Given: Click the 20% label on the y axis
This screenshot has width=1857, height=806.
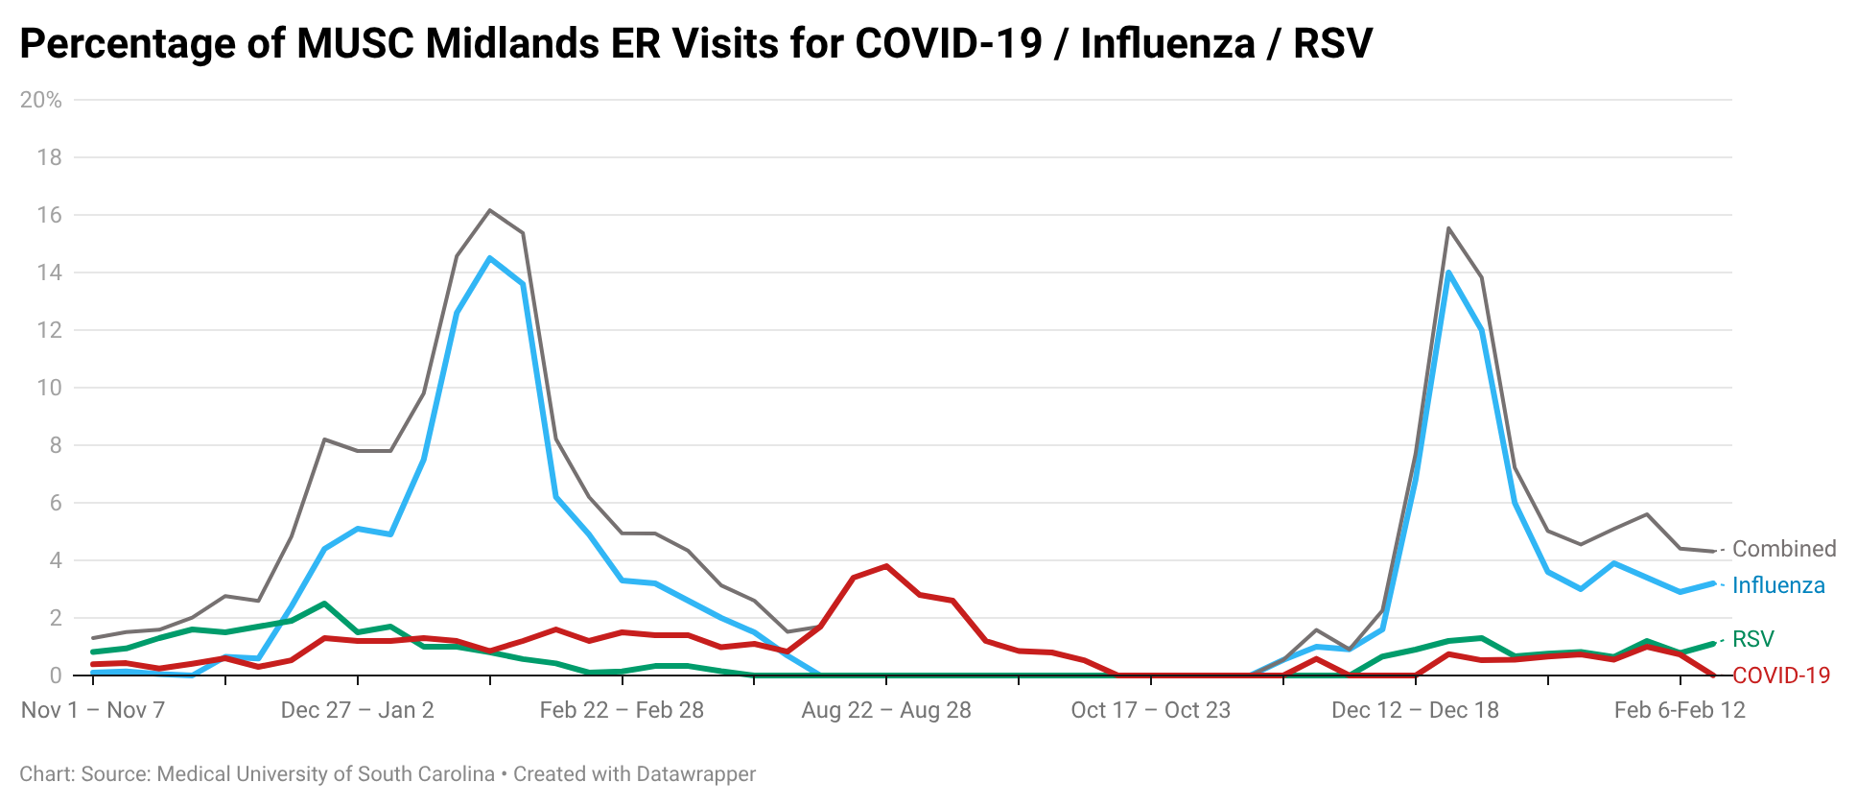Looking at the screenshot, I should [40, 100].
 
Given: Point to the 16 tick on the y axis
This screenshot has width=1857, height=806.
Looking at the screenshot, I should [49, 215].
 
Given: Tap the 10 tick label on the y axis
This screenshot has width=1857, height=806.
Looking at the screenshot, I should [49, 388].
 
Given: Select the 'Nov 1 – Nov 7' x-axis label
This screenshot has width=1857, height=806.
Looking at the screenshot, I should [93, 710].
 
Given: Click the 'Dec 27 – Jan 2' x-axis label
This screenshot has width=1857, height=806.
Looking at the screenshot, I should [357, 710].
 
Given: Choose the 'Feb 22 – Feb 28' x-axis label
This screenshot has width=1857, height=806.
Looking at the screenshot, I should [622, 710].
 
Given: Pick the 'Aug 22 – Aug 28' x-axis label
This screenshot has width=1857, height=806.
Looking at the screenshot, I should [886, 710].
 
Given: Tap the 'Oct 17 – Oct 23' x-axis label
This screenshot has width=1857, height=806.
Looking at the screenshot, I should [1150, 710].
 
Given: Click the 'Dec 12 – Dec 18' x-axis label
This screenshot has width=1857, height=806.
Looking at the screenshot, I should [1415, 710].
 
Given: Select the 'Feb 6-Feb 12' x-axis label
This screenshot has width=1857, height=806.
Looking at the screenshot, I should [1680, 710].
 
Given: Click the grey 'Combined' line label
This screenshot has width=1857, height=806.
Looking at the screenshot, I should [1784, 549].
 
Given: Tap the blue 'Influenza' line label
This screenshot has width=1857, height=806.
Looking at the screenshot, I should [1778, 585].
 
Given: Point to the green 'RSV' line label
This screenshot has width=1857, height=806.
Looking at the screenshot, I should [1753, 639].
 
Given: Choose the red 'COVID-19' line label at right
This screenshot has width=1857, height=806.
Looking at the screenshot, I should [1781, 676].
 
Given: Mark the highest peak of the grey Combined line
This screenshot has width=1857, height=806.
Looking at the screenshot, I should [490, 210].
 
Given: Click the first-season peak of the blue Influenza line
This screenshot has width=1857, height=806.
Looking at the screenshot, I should [490, 257].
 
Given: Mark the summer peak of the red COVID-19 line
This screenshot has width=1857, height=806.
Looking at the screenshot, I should [886, 565].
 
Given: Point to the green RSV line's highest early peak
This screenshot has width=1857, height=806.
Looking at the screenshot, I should [324, 604].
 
